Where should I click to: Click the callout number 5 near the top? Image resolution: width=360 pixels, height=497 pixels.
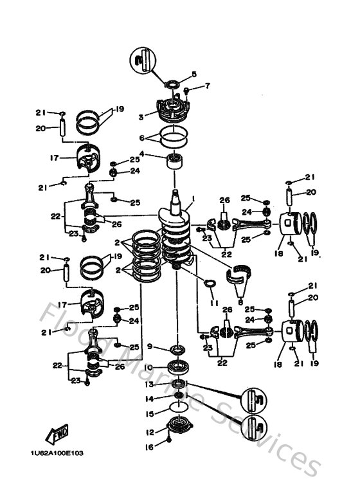pyautogui.click(x=194, y=74)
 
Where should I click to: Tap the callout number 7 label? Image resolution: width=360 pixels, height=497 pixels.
pyautogui.click(x=208, y=86)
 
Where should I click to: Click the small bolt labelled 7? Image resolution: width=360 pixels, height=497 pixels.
pyautogui.click(x=187, y=90)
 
